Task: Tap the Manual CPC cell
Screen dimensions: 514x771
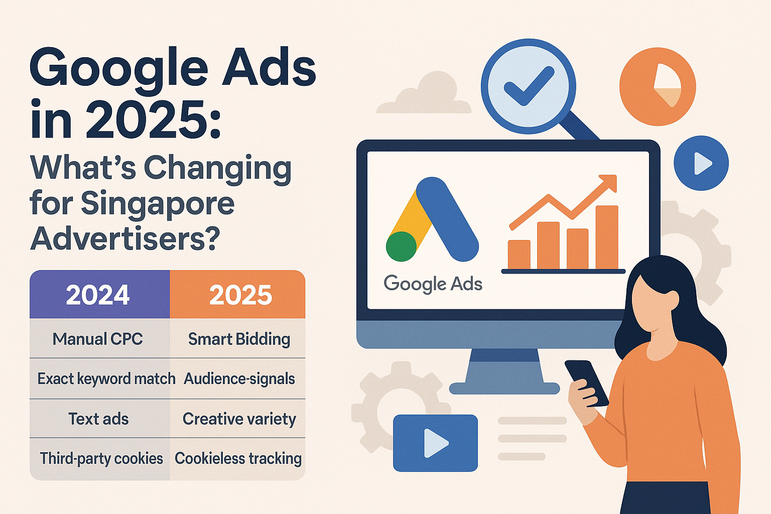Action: pyautogui.click(x=98, y=339)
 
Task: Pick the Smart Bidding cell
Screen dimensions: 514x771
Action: pyautogui.click(x=239, y=339)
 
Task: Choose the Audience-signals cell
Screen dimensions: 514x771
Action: pyautogui.click(x=239, y=378)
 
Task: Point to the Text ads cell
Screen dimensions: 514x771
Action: pyautogui.click(x=98, y=419)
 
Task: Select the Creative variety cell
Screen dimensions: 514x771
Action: pyautogui.click(x=239, y=419)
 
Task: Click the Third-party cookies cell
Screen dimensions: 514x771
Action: pyautogui.click(x=101, y=458)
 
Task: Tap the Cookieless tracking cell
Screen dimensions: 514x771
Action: pyautogui.click(x=238, y=458)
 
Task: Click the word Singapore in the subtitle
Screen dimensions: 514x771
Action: pyautogui.click(x=158, y=204)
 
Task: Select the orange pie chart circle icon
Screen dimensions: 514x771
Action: pyautogui.click(x=658, y=86)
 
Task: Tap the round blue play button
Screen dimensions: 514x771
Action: pyautogui.click(x=701, y=163)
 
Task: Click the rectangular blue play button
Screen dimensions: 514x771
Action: pyautogui.click(x=435, y=443)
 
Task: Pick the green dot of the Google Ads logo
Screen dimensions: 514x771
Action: pyautogui.click(x=401, y=246)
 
